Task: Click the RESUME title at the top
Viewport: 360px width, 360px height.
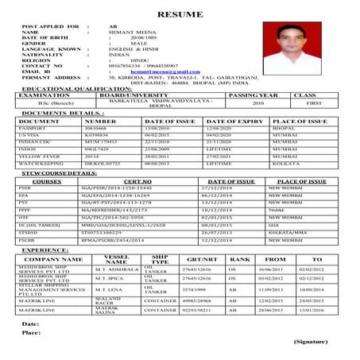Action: coord(180,14)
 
